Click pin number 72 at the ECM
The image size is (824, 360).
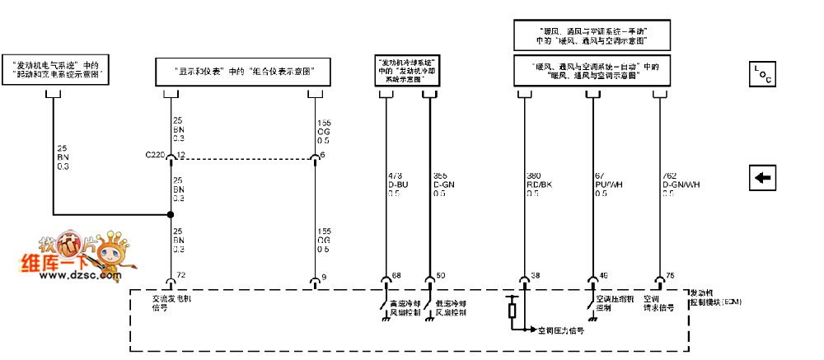point(181,274)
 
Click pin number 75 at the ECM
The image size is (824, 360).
point(669,274)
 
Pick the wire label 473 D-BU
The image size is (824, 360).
point(394,183)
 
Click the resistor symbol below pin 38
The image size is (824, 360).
point(513,311)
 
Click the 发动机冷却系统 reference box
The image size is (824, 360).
point(405,71)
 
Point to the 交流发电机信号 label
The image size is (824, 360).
point(171,306)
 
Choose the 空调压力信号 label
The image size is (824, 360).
point(560,330)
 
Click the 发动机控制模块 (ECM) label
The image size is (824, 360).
point(714,297)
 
